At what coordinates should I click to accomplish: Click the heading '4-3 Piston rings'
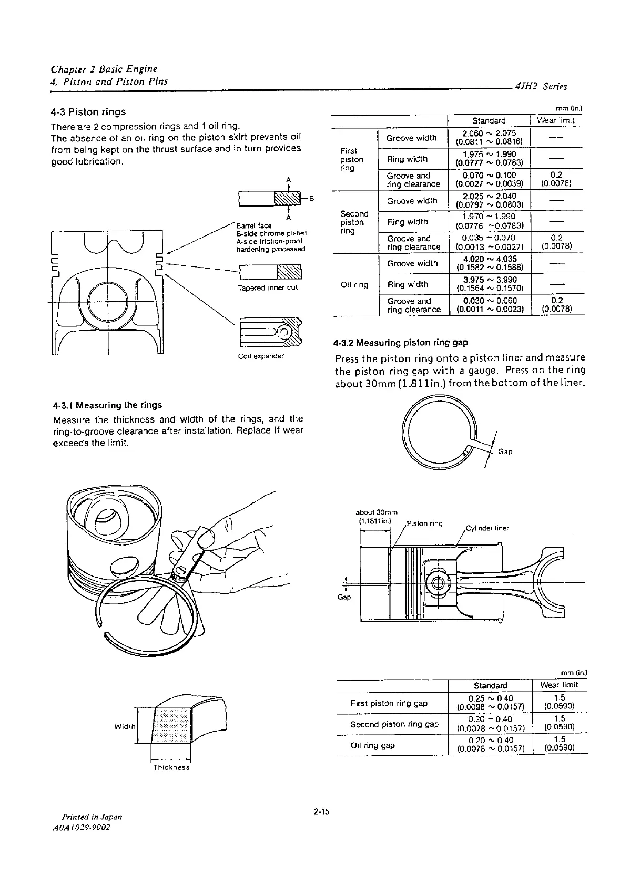88,111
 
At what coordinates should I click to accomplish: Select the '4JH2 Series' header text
542,86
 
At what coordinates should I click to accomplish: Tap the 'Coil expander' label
261,356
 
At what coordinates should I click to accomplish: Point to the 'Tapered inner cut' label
268,287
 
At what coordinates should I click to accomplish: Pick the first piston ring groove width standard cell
489,138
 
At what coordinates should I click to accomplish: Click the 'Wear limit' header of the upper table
555,120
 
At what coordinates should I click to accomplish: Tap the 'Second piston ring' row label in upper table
354,222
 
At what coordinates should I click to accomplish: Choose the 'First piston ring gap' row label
389,703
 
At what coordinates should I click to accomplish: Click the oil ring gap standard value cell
490,745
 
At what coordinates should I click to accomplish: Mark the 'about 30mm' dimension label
377,512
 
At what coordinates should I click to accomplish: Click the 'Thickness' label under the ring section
171,767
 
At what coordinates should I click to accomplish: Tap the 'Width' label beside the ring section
125,727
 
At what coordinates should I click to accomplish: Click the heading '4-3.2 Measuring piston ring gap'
401,343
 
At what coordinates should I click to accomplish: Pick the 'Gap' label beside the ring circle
505,451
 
